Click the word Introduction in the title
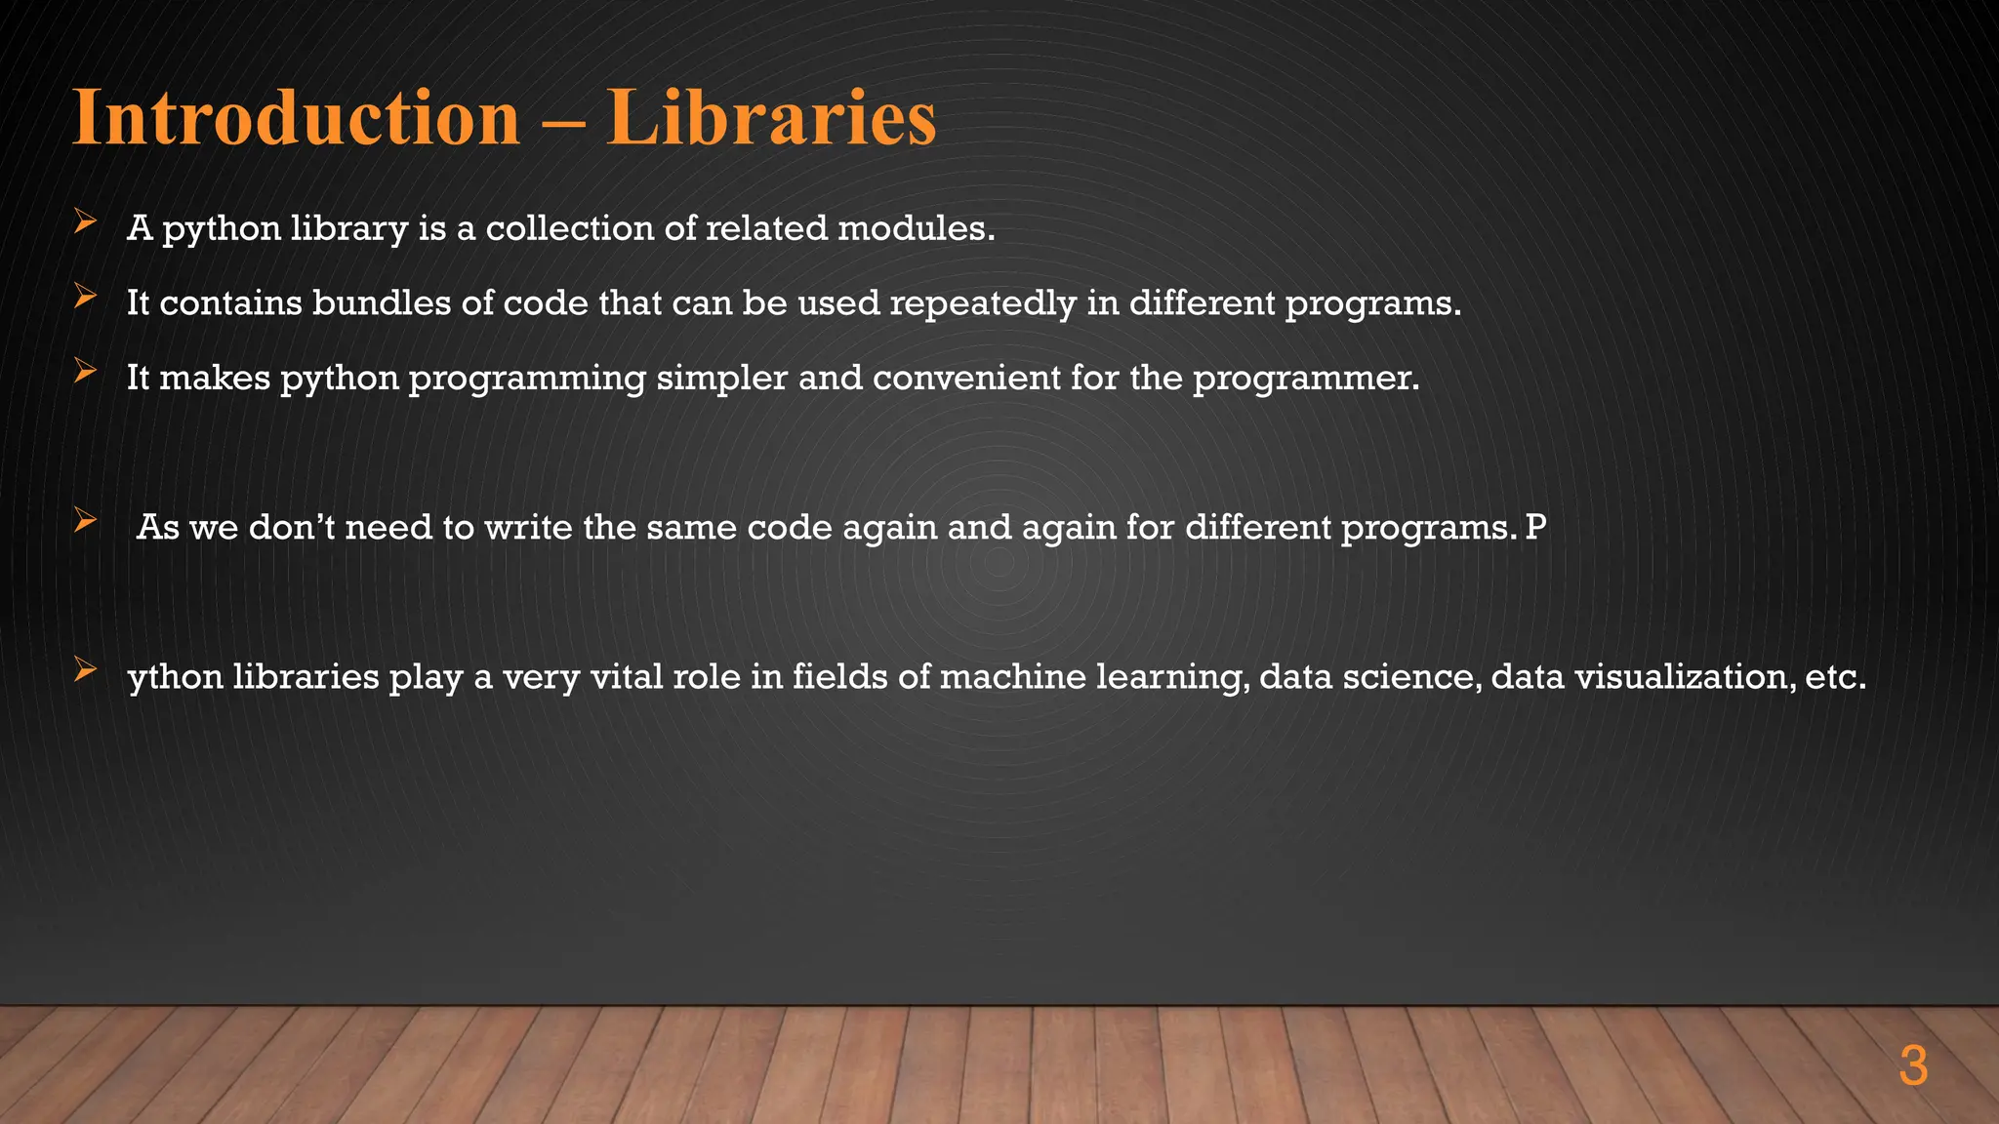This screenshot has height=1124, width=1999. coord(296,118)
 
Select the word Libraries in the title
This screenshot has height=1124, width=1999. coord(771,118)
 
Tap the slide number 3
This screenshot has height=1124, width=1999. coord(1913,1066)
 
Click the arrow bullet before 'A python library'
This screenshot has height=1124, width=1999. coord(85,223)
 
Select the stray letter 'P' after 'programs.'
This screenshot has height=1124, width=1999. coord(1535,528)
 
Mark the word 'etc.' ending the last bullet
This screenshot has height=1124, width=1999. coord(1835,677)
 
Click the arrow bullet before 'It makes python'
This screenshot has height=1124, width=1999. coord(85,372)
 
